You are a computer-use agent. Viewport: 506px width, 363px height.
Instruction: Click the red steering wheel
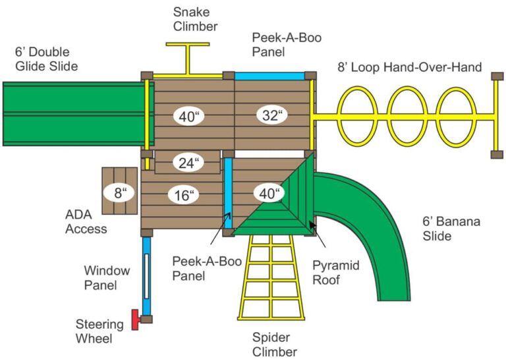136,320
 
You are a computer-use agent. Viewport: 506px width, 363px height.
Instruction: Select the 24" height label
188,163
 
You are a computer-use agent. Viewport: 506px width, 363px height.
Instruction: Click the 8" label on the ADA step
119,194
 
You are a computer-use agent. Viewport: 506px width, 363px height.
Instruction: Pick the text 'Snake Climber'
195,19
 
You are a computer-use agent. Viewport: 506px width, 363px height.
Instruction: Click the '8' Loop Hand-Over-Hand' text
410,67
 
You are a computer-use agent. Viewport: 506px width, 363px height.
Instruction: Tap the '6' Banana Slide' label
451,228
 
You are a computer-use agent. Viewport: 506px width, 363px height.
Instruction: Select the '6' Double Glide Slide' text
47,59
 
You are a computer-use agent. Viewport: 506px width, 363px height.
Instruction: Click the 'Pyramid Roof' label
335,272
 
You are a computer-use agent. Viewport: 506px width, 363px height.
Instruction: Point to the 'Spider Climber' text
275,344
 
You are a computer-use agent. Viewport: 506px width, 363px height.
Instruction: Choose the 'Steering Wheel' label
99,331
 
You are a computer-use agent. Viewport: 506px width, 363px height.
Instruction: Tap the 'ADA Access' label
86,221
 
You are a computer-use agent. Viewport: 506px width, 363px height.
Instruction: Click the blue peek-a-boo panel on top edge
269,75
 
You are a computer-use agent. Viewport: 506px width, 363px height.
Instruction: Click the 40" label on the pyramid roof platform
269,194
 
